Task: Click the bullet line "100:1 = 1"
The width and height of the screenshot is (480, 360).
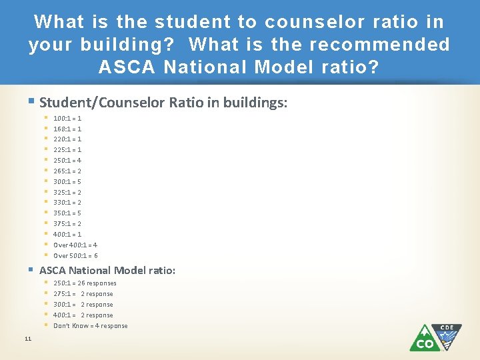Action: pyautogui.click(x=67, y=118)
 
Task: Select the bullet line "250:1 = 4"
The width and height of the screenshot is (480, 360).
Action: pyautogui.click(x=67, y=161)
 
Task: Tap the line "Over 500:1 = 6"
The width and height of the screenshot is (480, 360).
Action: pyautogui.click(x=75, y=256)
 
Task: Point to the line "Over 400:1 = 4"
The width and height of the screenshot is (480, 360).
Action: pyautogui.click(x=75, y=245)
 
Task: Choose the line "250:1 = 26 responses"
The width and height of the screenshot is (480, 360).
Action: pyautogui.click(x=85, y=283)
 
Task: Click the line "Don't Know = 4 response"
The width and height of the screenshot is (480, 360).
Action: pyautogui.click(x=90, y=326)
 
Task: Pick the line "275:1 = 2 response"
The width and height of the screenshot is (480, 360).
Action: pyautogui.click(x=83, y=294)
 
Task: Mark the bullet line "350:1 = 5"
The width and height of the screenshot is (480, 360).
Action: pyautogui.click(x=67, y=213)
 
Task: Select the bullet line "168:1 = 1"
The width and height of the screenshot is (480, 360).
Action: pyautogui.click(x=67, y=129)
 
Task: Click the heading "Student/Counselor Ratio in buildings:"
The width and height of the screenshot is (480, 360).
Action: pyautogui.click(x=163, y=103)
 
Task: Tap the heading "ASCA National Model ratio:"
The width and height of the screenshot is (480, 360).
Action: pyautogui.click(x=107, y=271)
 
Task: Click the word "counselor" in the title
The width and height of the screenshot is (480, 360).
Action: pyautogui.click(x=308, y=22)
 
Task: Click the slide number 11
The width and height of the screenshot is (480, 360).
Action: pyautogui.click(x=27, y=340)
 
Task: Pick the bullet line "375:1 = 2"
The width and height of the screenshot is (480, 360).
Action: pyautogui.click(x=67, y=224)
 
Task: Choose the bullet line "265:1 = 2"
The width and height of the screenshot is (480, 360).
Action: pyautogui.click(x=67, y=171)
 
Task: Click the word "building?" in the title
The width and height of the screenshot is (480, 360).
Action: pyautogui.click(x=130, y=45)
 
